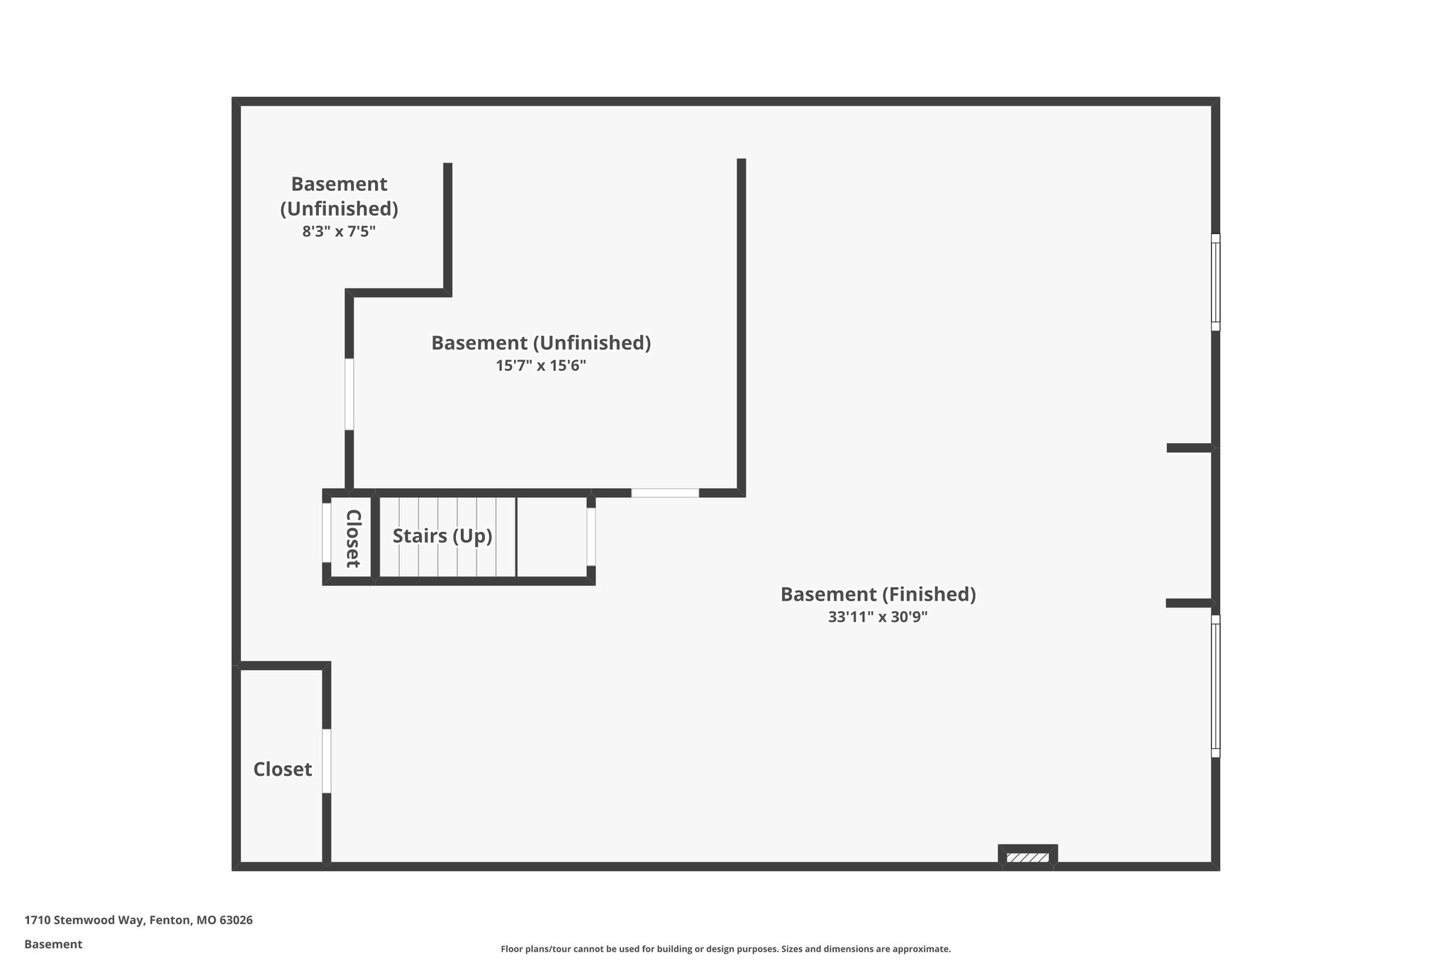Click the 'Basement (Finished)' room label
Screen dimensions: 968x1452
coord(878,594)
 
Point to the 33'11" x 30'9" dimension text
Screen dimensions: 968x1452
coord(878,617)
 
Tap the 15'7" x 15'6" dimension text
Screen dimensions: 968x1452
coord(541,366)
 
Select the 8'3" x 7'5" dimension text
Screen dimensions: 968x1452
coord(339,231)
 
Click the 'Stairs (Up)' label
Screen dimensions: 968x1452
coord(442,536)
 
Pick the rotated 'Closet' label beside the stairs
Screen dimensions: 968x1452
coord(353,538)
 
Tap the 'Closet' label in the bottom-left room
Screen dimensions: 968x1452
coord(282,769)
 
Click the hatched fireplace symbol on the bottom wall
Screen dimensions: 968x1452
coord(1027,857)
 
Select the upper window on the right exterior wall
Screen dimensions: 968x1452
coord(1215,282)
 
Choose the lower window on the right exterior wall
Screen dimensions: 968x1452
coord(1215,686)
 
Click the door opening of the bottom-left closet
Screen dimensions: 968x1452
coord(327,761)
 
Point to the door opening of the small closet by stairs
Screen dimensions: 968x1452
coord(326,533)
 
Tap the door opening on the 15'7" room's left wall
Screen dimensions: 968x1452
coord(349,394)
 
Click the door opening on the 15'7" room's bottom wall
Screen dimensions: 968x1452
coord(665,493)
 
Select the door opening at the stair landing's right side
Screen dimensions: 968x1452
coord(591,537)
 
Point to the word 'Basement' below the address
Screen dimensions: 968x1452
coord(53,945)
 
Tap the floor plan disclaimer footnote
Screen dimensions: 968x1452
coord(725,949)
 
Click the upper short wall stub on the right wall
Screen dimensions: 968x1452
coord(1190,447)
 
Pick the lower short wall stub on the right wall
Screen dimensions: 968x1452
coord(1189,603)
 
